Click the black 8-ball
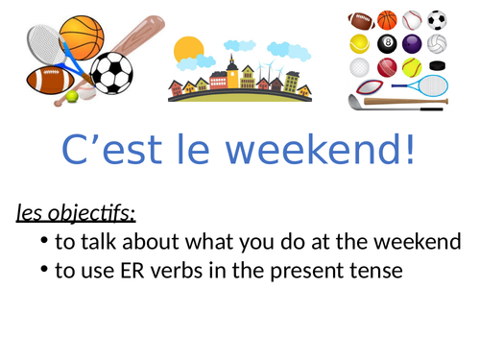(x=387, y=43)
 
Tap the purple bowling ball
(x=411, y=43)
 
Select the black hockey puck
(x=436, y=68)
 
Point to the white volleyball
(x=436, y=43)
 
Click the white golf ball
(x=361, y=67)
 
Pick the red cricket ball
(x=386, y=67)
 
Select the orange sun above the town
(x=189, y=48)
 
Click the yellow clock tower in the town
(x=232, y=72)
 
